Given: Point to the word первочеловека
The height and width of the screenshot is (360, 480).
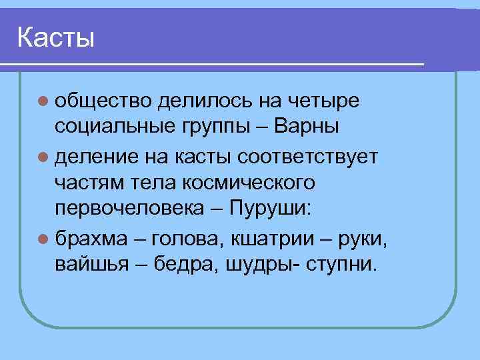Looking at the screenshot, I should click(x=129, y=208).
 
